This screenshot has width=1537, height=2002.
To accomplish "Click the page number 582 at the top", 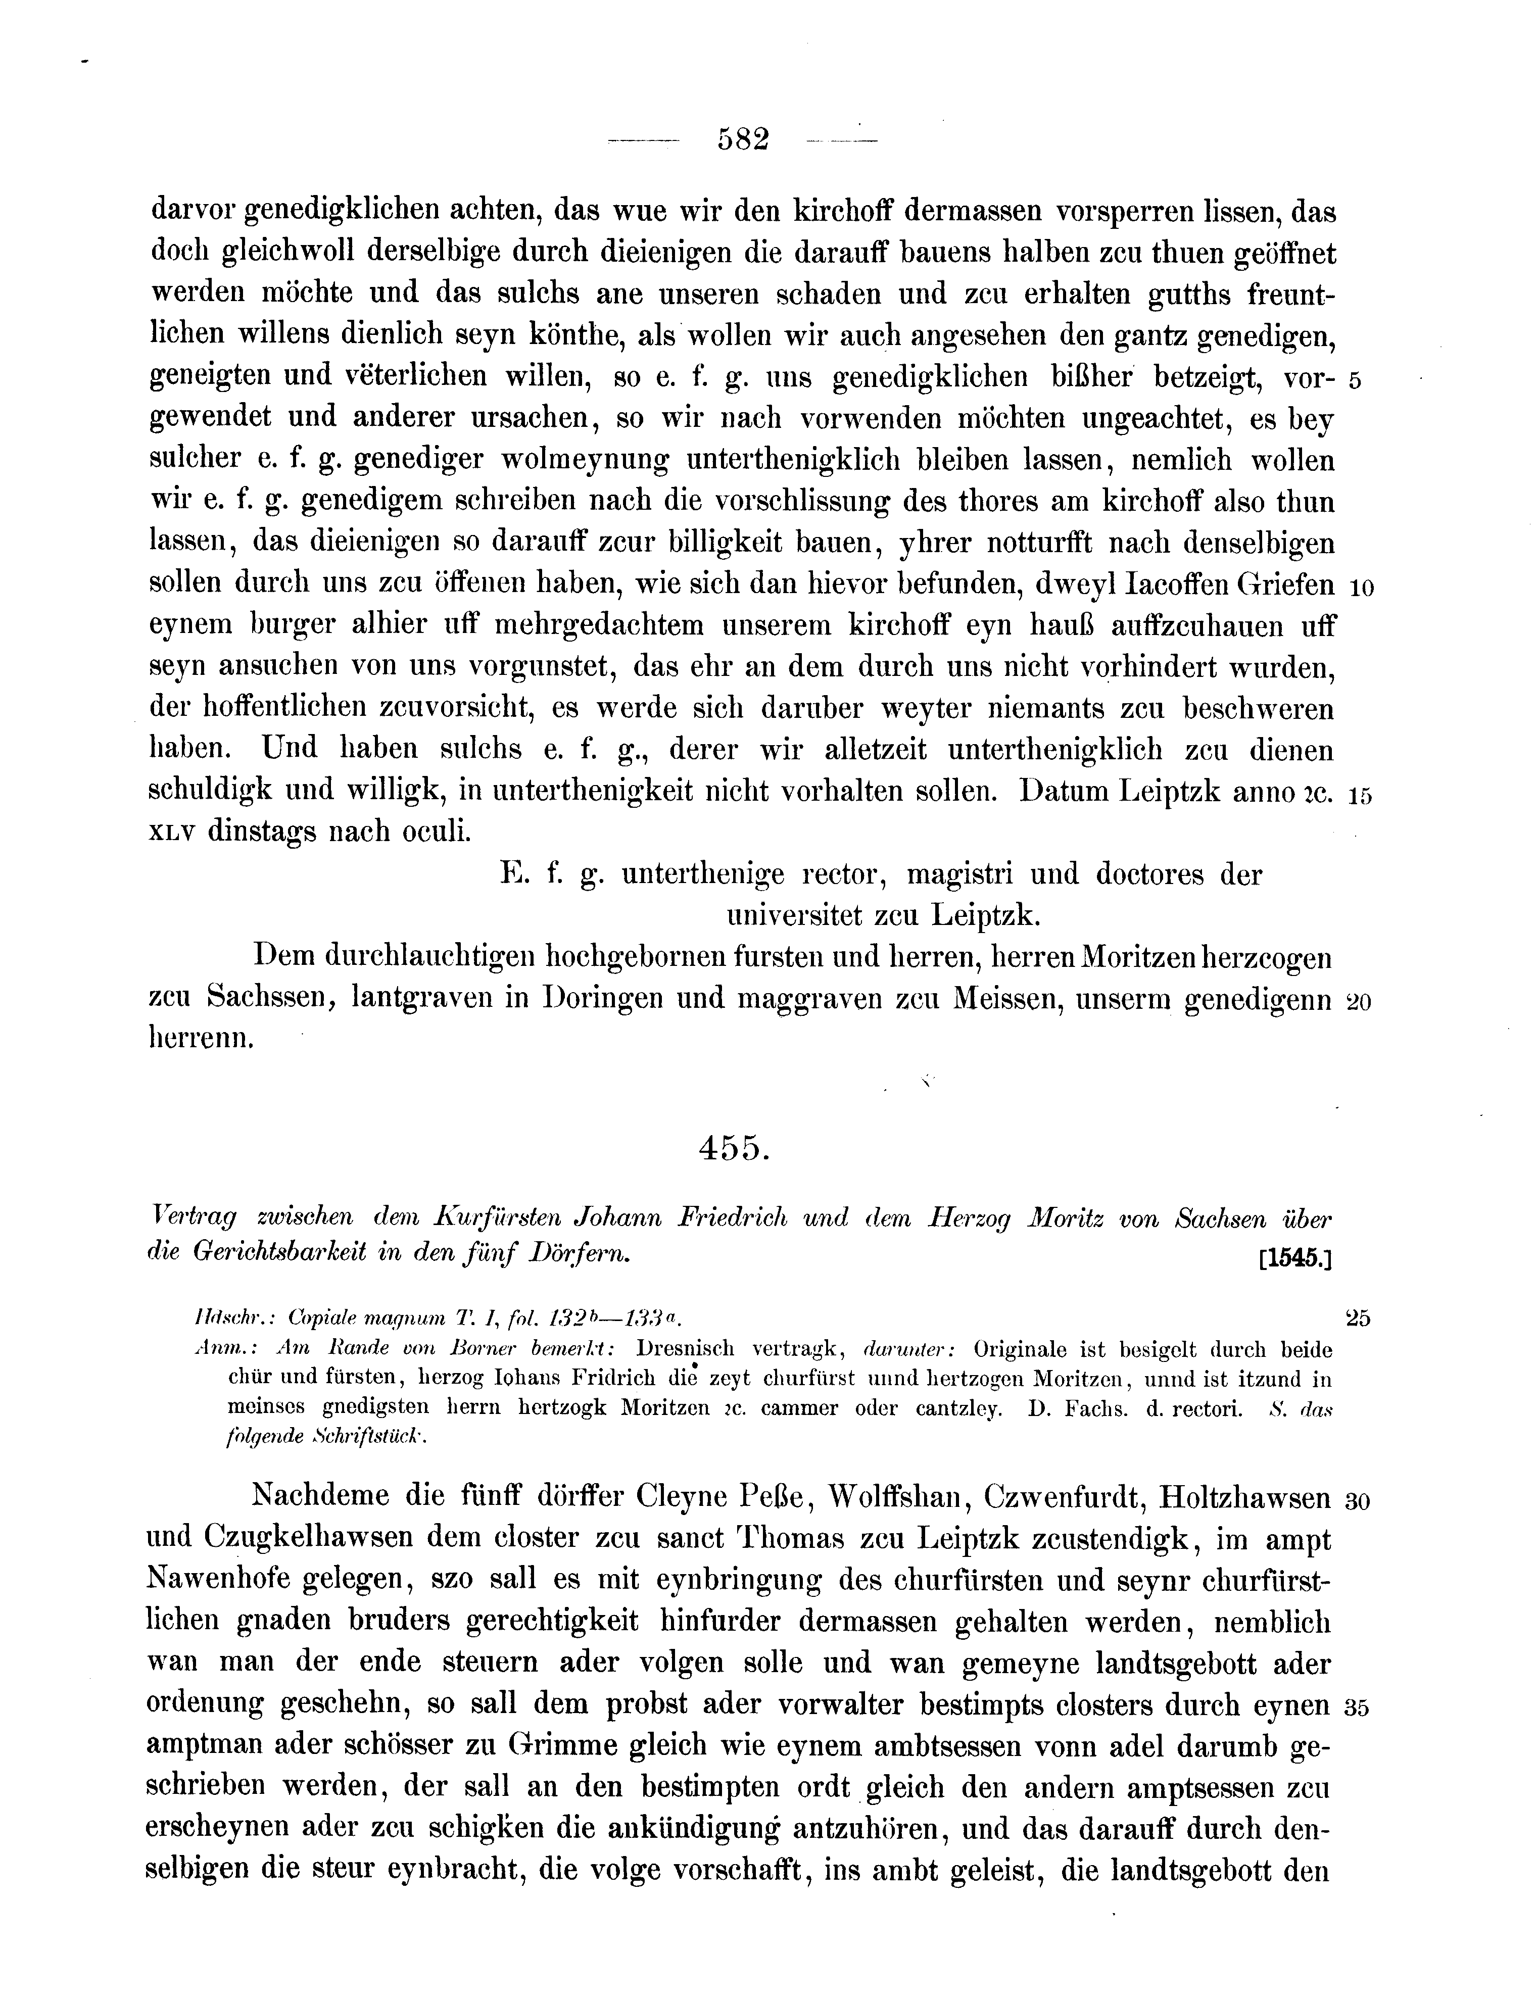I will (743, 140).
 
